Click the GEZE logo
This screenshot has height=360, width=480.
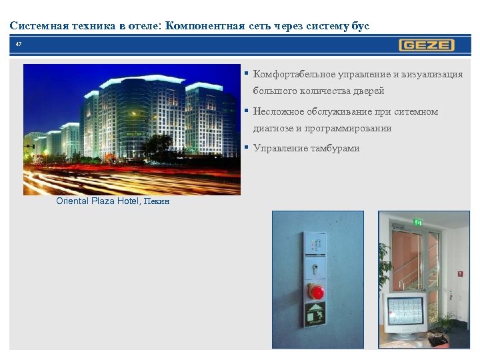[x=427, y=45]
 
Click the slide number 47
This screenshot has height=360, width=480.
[x=19, y=45]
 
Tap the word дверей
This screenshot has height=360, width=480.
[x=369, y=91]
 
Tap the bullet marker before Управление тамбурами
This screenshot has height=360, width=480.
[x=247, y=147]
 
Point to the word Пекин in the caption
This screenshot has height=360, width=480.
[x=155, y=201]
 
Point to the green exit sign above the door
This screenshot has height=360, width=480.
[x=418, y=222]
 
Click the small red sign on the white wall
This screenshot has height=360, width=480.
[x=460, y=273]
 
